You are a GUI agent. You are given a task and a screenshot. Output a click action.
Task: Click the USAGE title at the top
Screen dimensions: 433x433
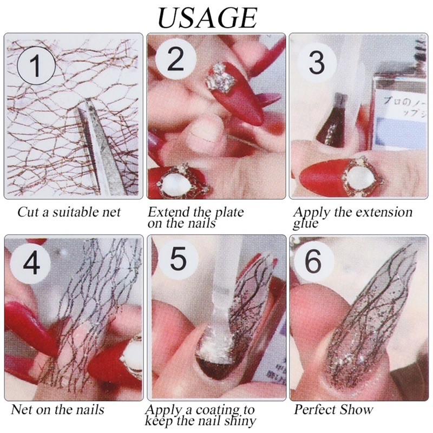pos(207,17)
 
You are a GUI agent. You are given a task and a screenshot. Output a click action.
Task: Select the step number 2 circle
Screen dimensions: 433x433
pos(174,60)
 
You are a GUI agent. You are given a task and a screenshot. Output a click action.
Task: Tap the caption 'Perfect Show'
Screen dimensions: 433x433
pos(333,409)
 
